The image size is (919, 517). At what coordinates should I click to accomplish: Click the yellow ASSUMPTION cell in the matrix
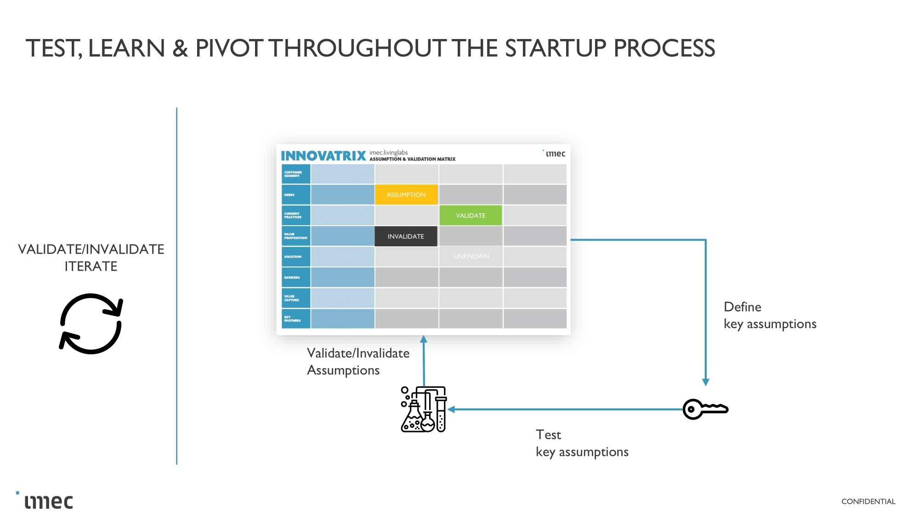point(406,195)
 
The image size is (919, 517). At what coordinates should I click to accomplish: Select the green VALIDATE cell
point(471,216)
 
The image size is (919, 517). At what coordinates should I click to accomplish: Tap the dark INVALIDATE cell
point(406,236)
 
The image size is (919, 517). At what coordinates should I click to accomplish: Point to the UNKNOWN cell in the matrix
point(471,256)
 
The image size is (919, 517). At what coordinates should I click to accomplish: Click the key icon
point(705,409)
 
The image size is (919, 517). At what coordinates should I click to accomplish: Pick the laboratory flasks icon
point(424,409)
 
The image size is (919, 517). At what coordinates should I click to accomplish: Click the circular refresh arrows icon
point(91,324)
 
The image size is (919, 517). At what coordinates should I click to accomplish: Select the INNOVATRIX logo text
point(323,156)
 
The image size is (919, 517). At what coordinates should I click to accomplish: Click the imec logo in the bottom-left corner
point(46,501)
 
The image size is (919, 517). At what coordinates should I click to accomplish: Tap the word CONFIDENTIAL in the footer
point(868,501)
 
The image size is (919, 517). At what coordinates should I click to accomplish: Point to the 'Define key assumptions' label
point(770,315)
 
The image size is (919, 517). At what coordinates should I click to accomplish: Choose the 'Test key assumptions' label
point(582,443)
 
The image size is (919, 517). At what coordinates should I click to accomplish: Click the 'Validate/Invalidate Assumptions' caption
point(358,362)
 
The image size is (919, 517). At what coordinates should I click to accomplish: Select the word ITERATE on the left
point(91,266)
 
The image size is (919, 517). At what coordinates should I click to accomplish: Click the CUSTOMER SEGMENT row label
point(295,174)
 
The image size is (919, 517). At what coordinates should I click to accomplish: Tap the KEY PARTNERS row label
point(295,318)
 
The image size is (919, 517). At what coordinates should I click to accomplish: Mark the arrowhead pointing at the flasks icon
point(451,409)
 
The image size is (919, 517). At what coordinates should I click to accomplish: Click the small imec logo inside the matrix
point(555,153)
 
